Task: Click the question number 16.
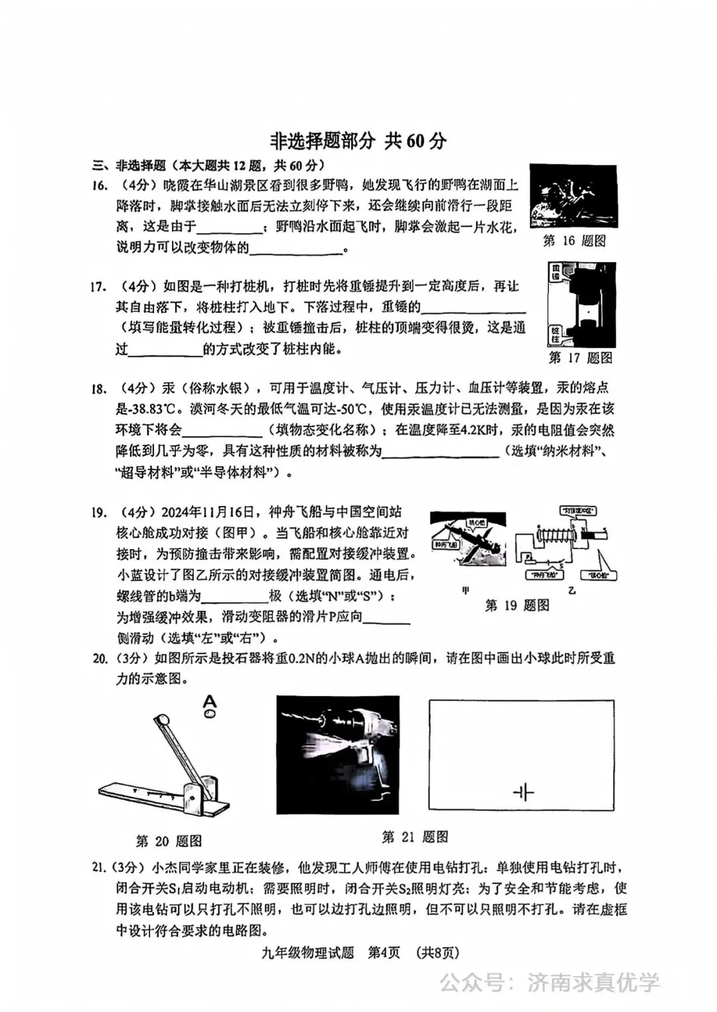click(100, 186)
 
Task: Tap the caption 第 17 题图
click(580, 358)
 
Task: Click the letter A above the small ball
click(210, 700)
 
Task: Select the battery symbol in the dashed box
click(523, 792)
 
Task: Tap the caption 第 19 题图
click(517, 605)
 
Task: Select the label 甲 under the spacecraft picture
click(465, 590)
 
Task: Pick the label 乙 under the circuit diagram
click(572, 590)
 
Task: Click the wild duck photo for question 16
click(573, 197)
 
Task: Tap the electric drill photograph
click(338, 754)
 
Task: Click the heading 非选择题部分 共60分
click(358, 141)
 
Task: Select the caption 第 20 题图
click(169, 841)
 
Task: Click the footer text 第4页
click(384, 952)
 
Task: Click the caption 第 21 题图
click(415, 837)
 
